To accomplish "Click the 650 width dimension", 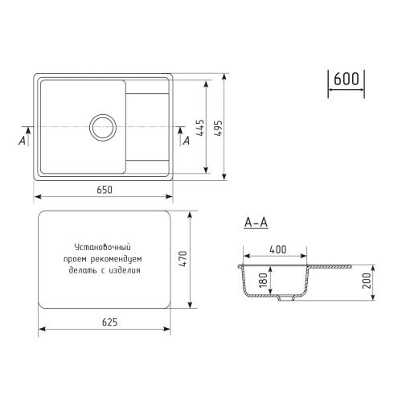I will click(x=104, y=190).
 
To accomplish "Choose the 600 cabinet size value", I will click(x=347, y=79).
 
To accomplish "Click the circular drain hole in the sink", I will click(x=104, y=125).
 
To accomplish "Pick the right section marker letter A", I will click(x=187, y=140).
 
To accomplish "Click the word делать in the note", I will click(x=83, y=271).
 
